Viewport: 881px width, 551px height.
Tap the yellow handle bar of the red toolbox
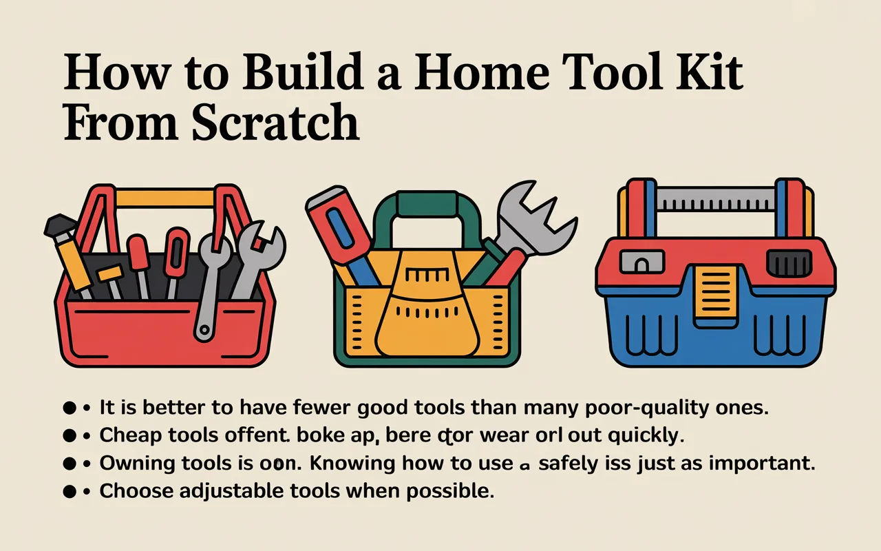pyautogui.click(x=164, y=199)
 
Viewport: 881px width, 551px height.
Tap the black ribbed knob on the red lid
pyautogui.click(x=785, y=262)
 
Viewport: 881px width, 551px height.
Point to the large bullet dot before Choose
pyautogui.click(x=69, y=492)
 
